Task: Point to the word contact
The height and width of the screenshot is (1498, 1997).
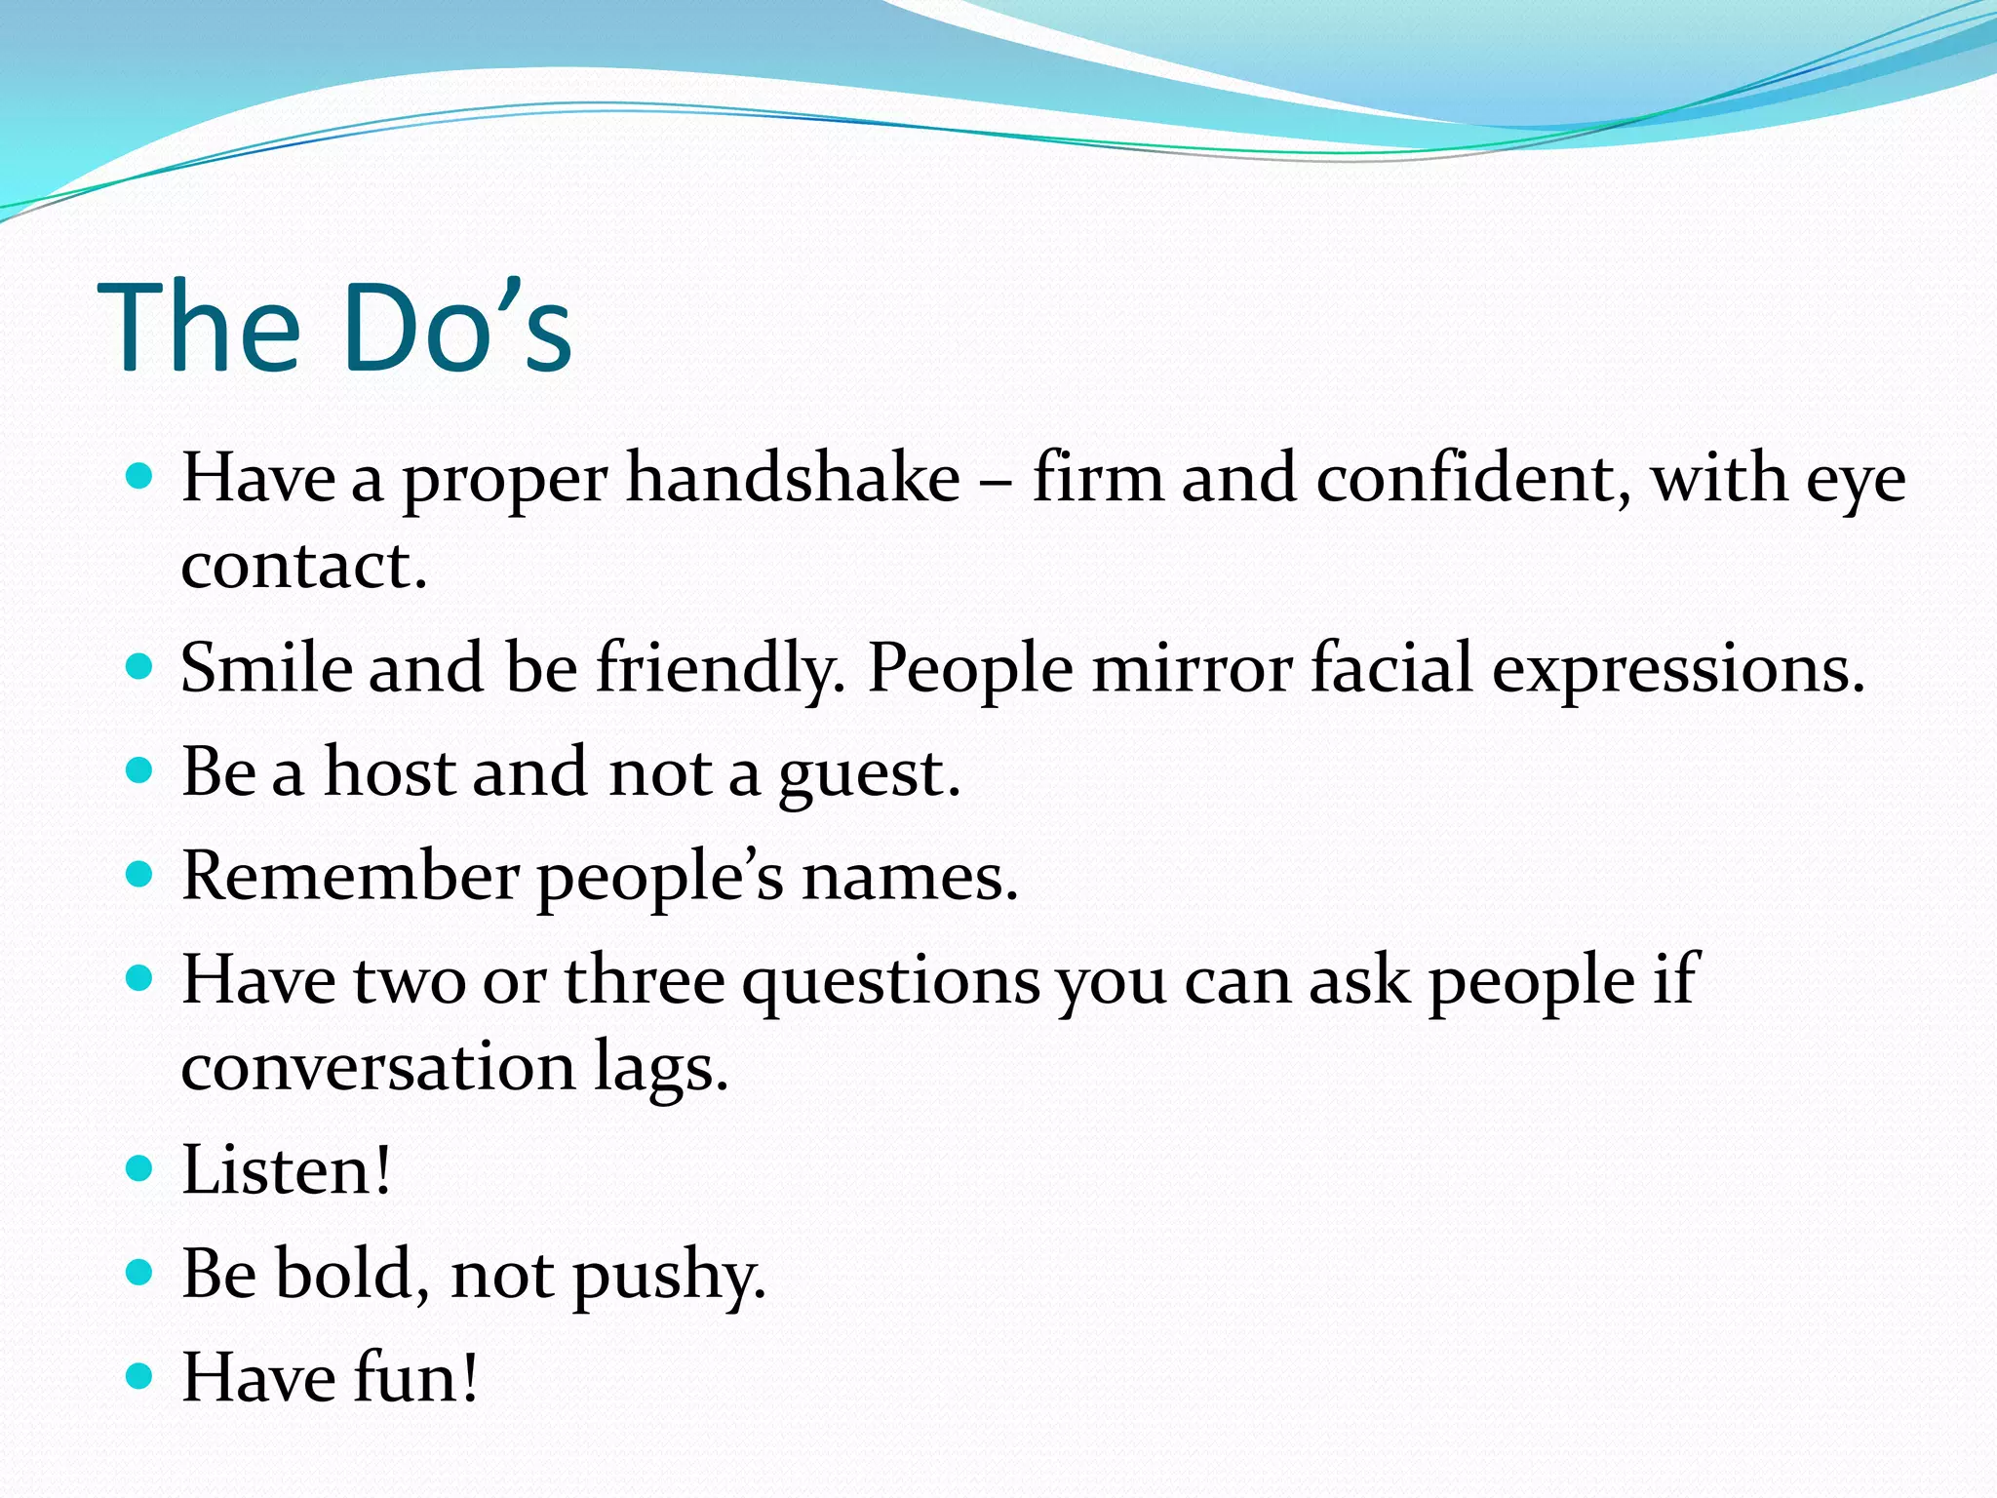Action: click(303, 566)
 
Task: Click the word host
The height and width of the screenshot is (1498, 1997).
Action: click(390, 772)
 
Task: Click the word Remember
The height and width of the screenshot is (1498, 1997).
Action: click(350, 876)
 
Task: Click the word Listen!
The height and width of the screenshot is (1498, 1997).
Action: click(287, 1170)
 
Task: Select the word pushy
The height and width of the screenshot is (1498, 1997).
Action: click(669, 1276)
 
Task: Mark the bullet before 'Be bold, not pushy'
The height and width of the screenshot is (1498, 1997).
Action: click(140, 1272)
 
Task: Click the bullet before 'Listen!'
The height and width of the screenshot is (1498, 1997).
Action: click(140, 1167)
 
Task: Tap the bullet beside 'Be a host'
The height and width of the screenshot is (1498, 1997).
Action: click(140, 770)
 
